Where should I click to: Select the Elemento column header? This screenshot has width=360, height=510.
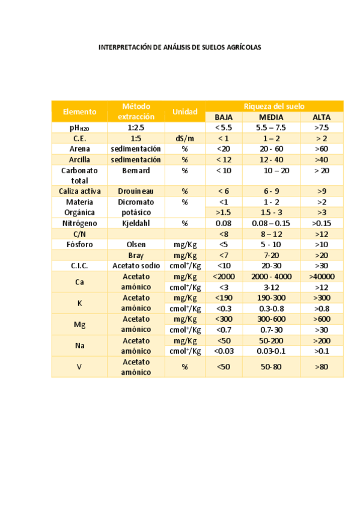tap(79, 111)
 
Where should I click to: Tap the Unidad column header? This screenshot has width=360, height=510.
tap(185, 111)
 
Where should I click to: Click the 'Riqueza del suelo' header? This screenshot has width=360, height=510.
tap(274, 106)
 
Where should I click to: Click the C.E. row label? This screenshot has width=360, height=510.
tap(79, 138)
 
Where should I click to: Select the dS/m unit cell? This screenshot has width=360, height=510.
tap(185, 138)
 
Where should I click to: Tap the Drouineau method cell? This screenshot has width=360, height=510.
tap(135, 191)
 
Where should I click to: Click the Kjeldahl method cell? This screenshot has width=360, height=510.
tap(135, 223)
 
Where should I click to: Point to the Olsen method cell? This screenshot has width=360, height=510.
tap(135, 245)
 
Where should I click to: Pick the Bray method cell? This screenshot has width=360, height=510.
tap(135, 256)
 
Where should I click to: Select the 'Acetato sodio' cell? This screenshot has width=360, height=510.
tap(135, 266)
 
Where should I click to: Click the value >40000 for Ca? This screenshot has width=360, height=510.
tap(322, 277)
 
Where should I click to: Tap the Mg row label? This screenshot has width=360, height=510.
tap(79, 324)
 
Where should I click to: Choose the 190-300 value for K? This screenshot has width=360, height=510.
tap(271, 298)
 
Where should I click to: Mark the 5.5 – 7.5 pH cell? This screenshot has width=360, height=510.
tap(271, 127)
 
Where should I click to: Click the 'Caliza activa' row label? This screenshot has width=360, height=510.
tap(79, 191)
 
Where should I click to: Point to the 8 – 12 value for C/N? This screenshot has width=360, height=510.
tap(271, 234)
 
